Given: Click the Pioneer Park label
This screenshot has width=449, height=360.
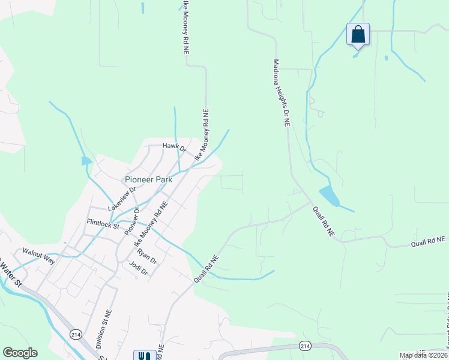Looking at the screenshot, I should pos(148,179).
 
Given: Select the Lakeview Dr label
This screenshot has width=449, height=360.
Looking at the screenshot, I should pos(122,199).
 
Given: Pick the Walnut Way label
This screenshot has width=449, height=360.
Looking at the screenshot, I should pos(38,256).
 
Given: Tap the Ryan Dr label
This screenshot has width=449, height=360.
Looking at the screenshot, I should pos(146,257).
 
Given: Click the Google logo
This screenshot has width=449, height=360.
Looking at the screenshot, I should pos(20,353).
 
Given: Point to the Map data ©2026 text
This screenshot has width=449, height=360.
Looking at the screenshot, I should pos(423,355).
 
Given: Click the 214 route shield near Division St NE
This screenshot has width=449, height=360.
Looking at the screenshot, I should pos(76,334).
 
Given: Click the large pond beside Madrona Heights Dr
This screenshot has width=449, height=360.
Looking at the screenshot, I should pos(328,196).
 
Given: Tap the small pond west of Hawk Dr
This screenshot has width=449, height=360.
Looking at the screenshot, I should pos(86,160).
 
